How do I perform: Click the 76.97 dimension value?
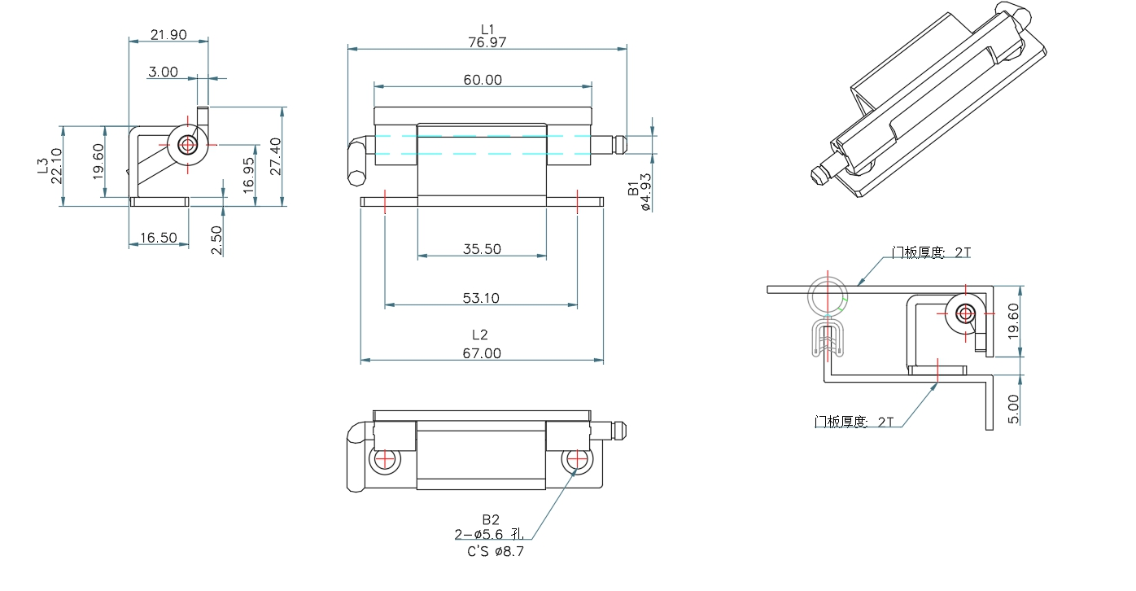tap(487, 42)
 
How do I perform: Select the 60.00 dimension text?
tap(483, 80)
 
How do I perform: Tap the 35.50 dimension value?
tap(482, 250)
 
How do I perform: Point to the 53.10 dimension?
tap(481, 299)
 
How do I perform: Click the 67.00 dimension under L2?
tap(482, 353)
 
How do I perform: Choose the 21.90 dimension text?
tap(168, 34)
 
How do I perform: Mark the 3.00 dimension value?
tap(163, 72)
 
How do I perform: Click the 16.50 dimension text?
tap(158, 238)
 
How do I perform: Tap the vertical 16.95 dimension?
tap(248, 173)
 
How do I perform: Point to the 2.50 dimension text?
tap(216, 241)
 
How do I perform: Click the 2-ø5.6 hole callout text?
tap(493, 534)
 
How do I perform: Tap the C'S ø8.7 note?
tap(496, 551)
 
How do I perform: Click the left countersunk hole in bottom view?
tap(385, 460)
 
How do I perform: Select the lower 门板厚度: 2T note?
tap(854, 422)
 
